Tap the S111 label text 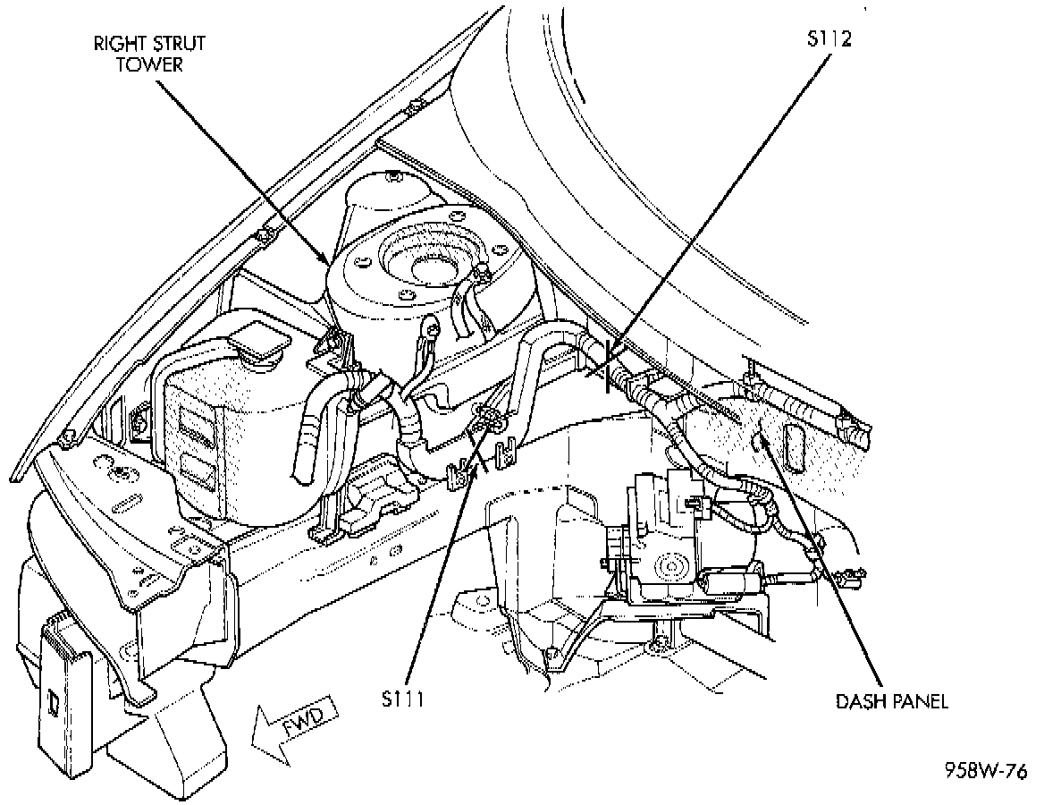coord(399,699)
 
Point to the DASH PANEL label coord(891,701)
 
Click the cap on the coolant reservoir coord(258,340)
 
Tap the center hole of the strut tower coord(427,266)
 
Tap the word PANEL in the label coord(920,701)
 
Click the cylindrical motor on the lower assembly coord(732,583)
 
